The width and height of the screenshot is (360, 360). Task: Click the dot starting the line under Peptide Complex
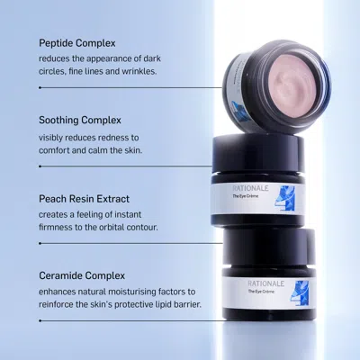(40, 87)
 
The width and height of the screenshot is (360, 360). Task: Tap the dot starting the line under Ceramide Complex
(40, 320)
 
